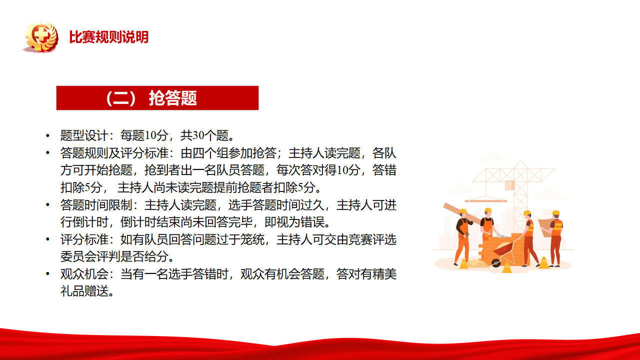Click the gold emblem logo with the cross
coord(41,36)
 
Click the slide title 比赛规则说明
coord(109,37)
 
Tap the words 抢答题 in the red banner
coord(173,98)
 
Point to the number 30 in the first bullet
coord(198,135)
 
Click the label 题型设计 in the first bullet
coord(84,135)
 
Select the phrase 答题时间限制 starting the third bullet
coord(96,205)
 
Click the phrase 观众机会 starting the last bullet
coord(84,274)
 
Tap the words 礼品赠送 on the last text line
coord(84,291)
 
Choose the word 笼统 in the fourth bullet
coord(252,239)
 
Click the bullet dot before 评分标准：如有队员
coord(47,239)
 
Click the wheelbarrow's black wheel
coord(496,263)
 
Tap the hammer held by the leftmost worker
coord(465,235)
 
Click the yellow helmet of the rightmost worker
coord(555,213)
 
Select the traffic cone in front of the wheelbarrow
coord(507,267)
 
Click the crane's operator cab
coord(510,185)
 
